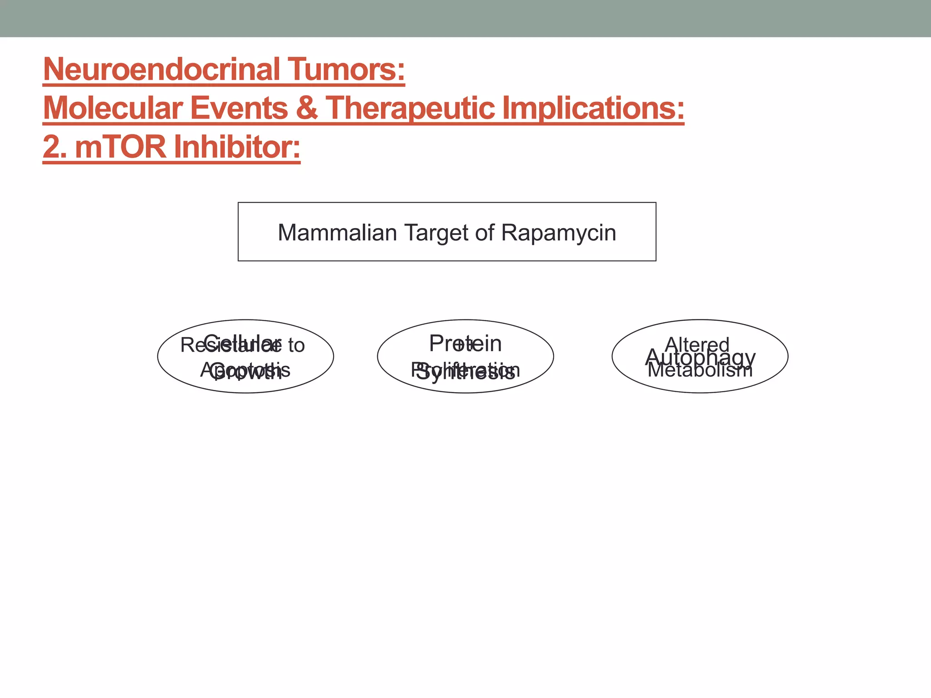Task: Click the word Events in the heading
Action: [x=239, y=108]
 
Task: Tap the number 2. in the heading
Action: [x=55, y=147]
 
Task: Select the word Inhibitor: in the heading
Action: [x=236, y=147]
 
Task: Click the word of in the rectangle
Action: [x=485, y=233]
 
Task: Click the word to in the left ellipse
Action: [x=296, y=345]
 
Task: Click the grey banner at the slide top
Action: [x=465, y=18]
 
